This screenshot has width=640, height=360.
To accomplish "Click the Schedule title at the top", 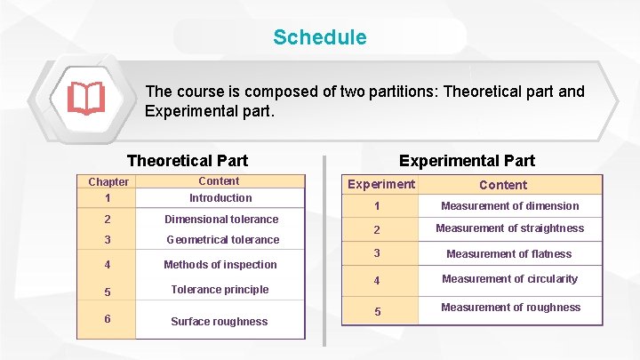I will (319, 37).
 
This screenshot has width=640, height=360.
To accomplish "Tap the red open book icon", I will (86, 99).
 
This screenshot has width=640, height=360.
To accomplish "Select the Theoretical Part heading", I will (188, 161).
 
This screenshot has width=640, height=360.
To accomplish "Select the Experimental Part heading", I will (467, 161).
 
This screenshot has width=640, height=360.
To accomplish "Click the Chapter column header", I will (108, 182).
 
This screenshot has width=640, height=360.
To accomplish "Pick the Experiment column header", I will (380, 184).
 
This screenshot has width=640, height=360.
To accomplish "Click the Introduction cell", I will (220, 198).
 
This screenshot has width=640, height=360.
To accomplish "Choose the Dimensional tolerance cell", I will (221, 220).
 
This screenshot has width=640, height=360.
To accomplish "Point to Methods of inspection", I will (220, 265).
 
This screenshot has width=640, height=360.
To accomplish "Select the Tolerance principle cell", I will (220, 289).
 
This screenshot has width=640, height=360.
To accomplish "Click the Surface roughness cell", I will (219, 322).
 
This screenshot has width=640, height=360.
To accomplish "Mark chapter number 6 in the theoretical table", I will (107, 318).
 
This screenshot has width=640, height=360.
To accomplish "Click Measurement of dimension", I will (510, 206).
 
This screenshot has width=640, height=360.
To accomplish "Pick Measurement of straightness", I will (510, 228).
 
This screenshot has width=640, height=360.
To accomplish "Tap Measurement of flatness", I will (509, 254).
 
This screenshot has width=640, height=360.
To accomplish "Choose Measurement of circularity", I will (509, 279).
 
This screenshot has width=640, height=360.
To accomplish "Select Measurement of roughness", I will (510, 308).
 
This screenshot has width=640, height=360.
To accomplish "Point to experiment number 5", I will (377, 312).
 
